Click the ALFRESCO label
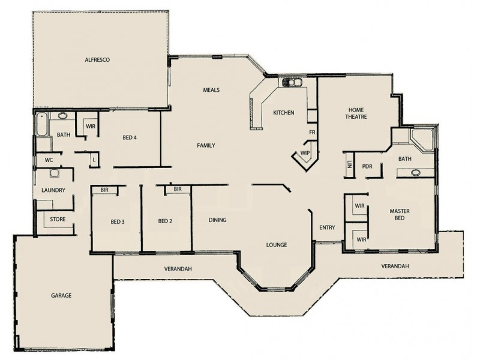tap(98, 60)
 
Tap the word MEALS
tap(211, 90)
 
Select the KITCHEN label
tap(283, 113)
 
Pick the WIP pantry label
tap(305, 153)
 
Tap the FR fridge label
tap(312, 131)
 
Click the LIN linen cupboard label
tap(349, 165)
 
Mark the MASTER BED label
tap(400, 215)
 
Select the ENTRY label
tap(327, 227)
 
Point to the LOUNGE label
tap(277, 245)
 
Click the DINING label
tap(217, 220)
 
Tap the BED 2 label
tap(165, 221)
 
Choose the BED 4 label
tap(130, 137)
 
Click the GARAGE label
tap(61, 296)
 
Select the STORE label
tap(58, 220)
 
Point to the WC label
tap(49, 160)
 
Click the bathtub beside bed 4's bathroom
tap(41, 127)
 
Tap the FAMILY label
tap(206, 145)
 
